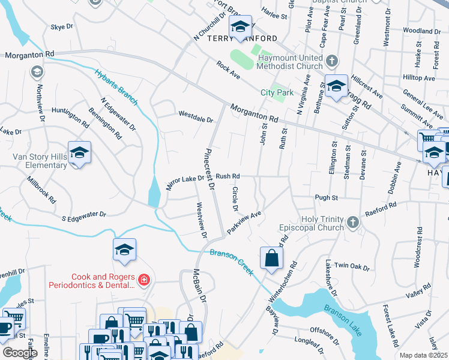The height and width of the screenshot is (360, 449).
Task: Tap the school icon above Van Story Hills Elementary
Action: click(79, 152)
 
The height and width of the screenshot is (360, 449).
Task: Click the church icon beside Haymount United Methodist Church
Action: click(332, 61)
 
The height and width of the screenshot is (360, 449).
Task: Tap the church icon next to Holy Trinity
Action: click(353, 223)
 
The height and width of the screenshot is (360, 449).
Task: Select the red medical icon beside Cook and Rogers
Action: click(143, 279)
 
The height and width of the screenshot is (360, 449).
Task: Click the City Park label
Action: click(277, 92)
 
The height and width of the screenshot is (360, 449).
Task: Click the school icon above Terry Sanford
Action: click(240, 27)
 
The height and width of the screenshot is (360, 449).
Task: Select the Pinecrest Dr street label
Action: click(209, 169)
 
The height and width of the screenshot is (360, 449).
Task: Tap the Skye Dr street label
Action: click(62, 27)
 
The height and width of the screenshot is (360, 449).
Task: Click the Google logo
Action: click(20, 353)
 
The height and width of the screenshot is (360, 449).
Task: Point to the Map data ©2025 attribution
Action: click(423, 355)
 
